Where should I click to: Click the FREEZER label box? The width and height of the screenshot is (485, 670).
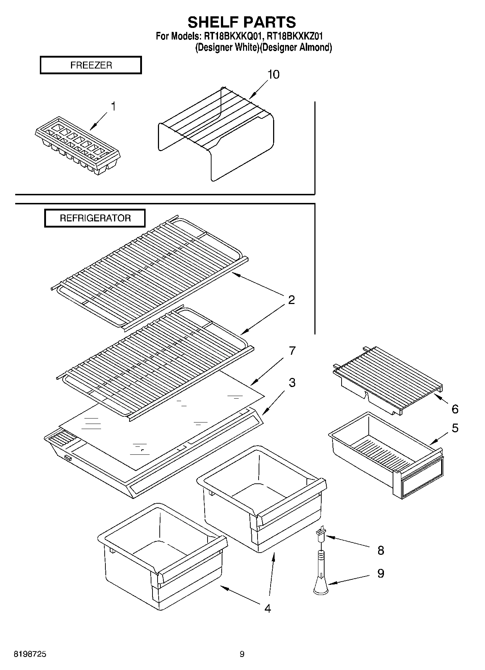[91, 65]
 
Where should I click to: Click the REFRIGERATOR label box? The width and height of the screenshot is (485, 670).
[95, 218]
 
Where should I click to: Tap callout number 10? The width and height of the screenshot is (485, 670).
[273, 75]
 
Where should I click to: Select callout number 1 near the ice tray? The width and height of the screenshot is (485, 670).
[113, 107]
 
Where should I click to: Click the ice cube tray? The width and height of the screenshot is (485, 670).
[78, 146]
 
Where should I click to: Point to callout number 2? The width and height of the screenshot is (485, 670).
[291, 300]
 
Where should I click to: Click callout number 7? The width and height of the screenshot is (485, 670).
[292, 351]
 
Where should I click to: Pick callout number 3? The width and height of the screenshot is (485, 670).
[292, 383]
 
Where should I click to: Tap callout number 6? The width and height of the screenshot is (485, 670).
[455, 409]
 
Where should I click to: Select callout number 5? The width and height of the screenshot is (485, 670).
[455, 428]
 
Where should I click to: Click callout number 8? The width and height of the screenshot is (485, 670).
[381, 551]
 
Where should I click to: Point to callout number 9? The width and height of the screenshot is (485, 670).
[381, 573]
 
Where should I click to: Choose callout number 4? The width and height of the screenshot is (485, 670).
[267, 608]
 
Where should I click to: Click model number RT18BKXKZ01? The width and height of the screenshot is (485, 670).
[294, 36]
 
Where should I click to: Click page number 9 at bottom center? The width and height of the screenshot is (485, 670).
[242, 654]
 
